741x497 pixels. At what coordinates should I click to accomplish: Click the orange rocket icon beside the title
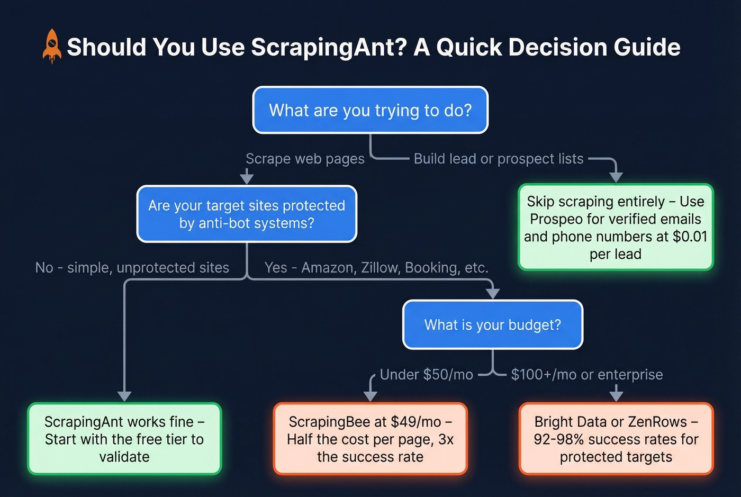[51, 47]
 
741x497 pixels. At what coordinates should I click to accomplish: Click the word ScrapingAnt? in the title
[329, 47]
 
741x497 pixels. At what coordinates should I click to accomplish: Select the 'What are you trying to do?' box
[370, 110]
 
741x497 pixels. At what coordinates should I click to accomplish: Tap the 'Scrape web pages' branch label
[305, 159]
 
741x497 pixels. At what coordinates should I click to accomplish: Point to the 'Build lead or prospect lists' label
[498, 159]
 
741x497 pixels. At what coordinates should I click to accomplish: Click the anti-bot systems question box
[247, 214]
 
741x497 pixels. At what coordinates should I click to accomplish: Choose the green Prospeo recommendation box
[616, 227]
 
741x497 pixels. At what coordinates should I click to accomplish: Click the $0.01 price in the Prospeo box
[690, 237]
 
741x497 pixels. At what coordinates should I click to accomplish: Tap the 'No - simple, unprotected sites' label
[132, 268]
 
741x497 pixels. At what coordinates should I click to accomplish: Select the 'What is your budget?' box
[492, 324]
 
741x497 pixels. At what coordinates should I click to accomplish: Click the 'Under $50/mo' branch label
[426, 375]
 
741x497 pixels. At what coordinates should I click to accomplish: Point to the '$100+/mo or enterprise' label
[586, 375]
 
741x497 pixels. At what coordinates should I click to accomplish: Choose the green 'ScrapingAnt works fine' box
[124, 439]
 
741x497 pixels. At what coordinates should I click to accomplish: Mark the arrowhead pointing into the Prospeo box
[616, 177]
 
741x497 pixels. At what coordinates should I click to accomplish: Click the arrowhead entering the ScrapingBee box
[370, 396]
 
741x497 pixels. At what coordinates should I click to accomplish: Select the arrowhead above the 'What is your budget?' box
[493, 294]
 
